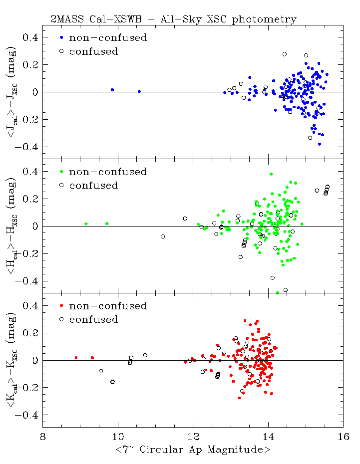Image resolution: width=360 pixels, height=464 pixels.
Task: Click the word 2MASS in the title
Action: click(x=65, y=19)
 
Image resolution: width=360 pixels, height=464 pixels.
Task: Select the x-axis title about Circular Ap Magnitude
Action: click(x=193, y=450)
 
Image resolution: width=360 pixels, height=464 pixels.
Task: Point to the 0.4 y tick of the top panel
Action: click(x=31, y=37)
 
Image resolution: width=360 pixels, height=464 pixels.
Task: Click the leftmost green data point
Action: click(x=86, y=224)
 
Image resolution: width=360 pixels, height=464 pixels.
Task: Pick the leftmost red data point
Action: click(x=76, y=358)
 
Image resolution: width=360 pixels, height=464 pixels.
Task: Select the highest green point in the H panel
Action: click(x=271, y=174)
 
